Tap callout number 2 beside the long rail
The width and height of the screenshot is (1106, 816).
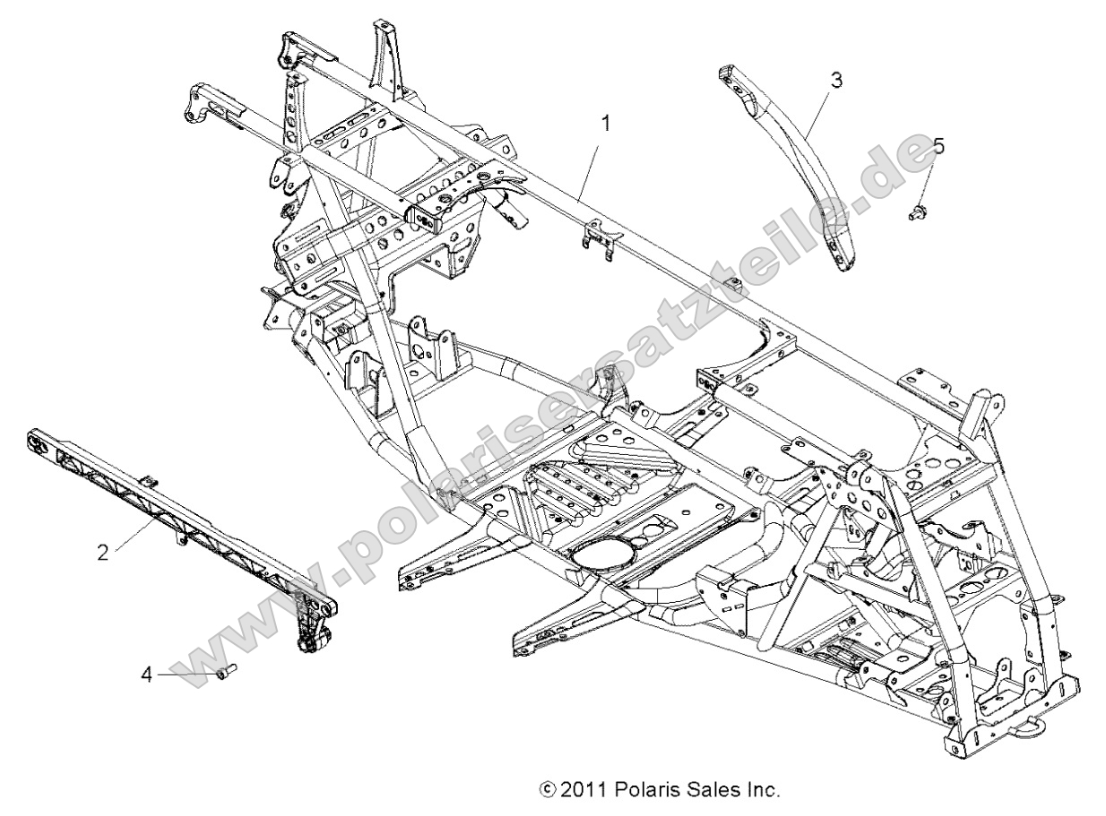click(104, 552)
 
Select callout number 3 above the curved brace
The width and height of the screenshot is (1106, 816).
click(836, 81)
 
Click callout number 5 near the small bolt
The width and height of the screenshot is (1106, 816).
click(938, 144)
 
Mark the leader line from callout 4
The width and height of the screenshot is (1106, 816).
click(184, 672)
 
